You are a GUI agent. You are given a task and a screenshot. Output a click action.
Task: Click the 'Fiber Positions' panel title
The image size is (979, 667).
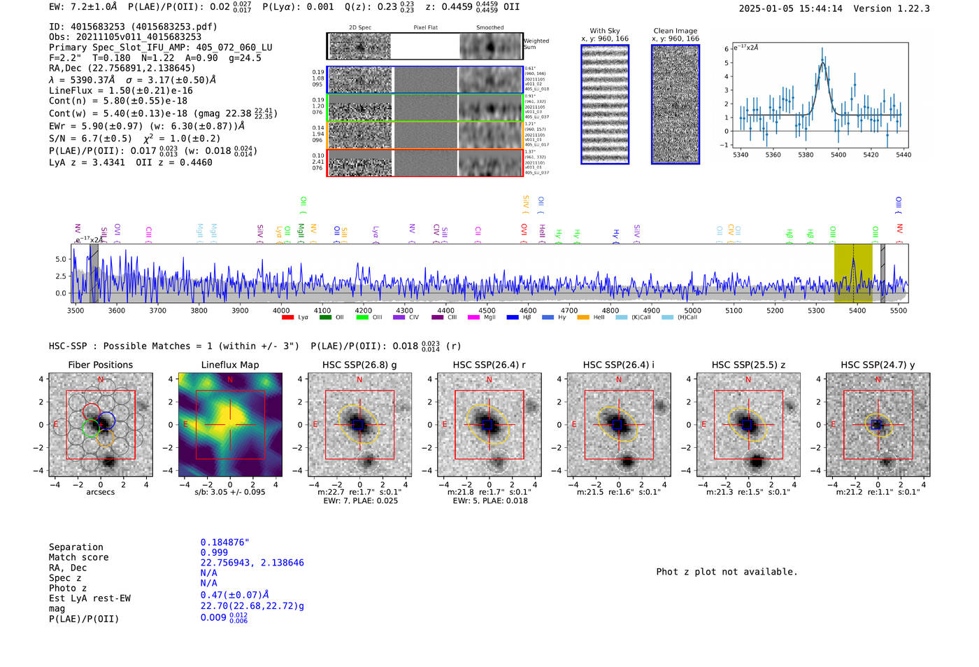[100, 365]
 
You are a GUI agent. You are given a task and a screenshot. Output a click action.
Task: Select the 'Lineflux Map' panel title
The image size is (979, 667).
[230, 365]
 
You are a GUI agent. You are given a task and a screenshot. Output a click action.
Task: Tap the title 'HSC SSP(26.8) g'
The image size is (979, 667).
[359, 365]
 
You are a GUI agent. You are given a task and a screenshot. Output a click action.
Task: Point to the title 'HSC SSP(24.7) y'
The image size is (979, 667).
[878, 365]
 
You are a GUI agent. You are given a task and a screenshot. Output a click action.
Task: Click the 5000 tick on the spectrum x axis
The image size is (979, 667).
[692, 310]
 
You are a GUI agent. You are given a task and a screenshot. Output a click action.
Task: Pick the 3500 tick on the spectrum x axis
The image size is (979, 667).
[76, 310]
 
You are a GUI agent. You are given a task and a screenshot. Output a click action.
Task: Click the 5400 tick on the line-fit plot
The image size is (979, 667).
[838, 155]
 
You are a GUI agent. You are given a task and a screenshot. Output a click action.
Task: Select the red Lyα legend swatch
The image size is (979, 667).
[287, 318]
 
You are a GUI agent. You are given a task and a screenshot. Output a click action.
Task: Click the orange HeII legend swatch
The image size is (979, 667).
[583, 318]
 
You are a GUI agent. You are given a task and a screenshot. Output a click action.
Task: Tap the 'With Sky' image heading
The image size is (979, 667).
[605, 31]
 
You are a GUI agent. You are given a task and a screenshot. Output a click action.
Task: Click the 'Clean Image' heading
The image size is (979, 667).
[676, 31]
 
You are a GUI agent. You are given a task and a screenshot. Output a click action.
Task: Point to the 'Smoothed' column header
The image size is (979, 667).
[489, 28]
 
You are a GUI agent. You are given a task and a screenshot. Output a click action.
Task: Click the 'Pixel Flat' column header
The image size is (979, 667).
[425, 28]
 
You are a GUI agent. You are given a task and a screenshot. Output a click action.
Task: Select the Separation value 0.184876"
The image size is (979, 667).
[225, 542]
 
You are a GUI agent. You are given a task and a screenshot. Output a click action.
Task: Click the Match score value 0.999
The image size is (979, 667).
[214, 552]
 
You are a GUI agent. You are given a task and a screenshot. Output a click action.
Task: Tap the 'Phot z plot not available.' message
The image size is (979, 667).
[727, 572]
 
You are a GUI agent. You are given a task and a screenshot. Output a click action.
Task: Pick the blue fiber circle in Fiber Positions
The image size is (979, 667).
[107, 421]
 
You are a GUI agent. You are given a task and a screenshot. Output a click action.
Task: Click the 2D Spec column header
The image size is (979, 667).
[360, 28]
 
